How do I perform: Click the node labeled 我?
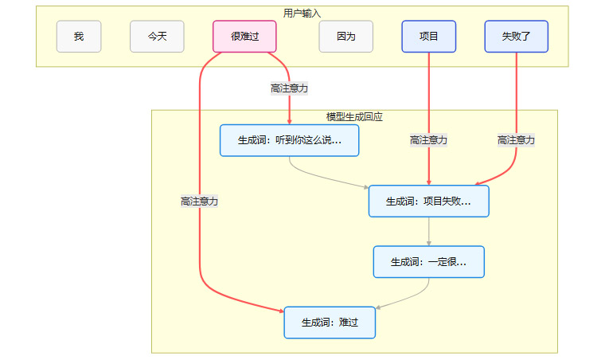pyautogui.click(x=79, y=37)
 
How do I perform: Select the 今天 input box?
pyautogui.click(x=157, y=37)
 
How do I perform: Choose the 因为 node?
pyautogui.click(x=346, y=37)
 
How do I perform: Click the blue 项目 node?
pyautogui.click(x=429, y=37)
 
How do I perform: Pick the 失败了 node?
pyautogui.click(x=517, y=37)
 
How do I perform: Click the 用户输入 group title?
pyautogui.click(x=302, y=13)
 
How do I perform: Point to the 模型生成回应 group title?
pyautogui.click(x=354, y=116)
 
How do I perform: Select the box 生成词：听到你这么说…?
pyautogui.click(x=290, y=140)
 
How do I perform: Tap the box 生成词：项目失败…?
pyautogui.click(x=428, y=202)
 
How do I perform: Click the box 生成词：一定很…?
pyautogui.click(x=428, y=261)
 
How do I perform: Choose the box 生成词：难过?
pyautogui.click(x=330, y=323)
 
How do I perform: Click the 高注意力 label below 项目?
pyautogui.click(x=429, y=140)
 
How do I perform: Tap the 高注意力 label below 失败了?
pyautogui.click(x=516, y=140)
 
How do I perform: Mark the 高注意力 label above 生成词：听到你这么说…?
pyautogui.click(x=289, y=88)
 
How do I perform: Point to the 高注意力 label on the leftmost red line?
pyautogui.click(x=199, y=202)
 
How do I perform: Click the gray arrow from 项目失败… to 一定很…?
pyautogui.click(x=429, y=232)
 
